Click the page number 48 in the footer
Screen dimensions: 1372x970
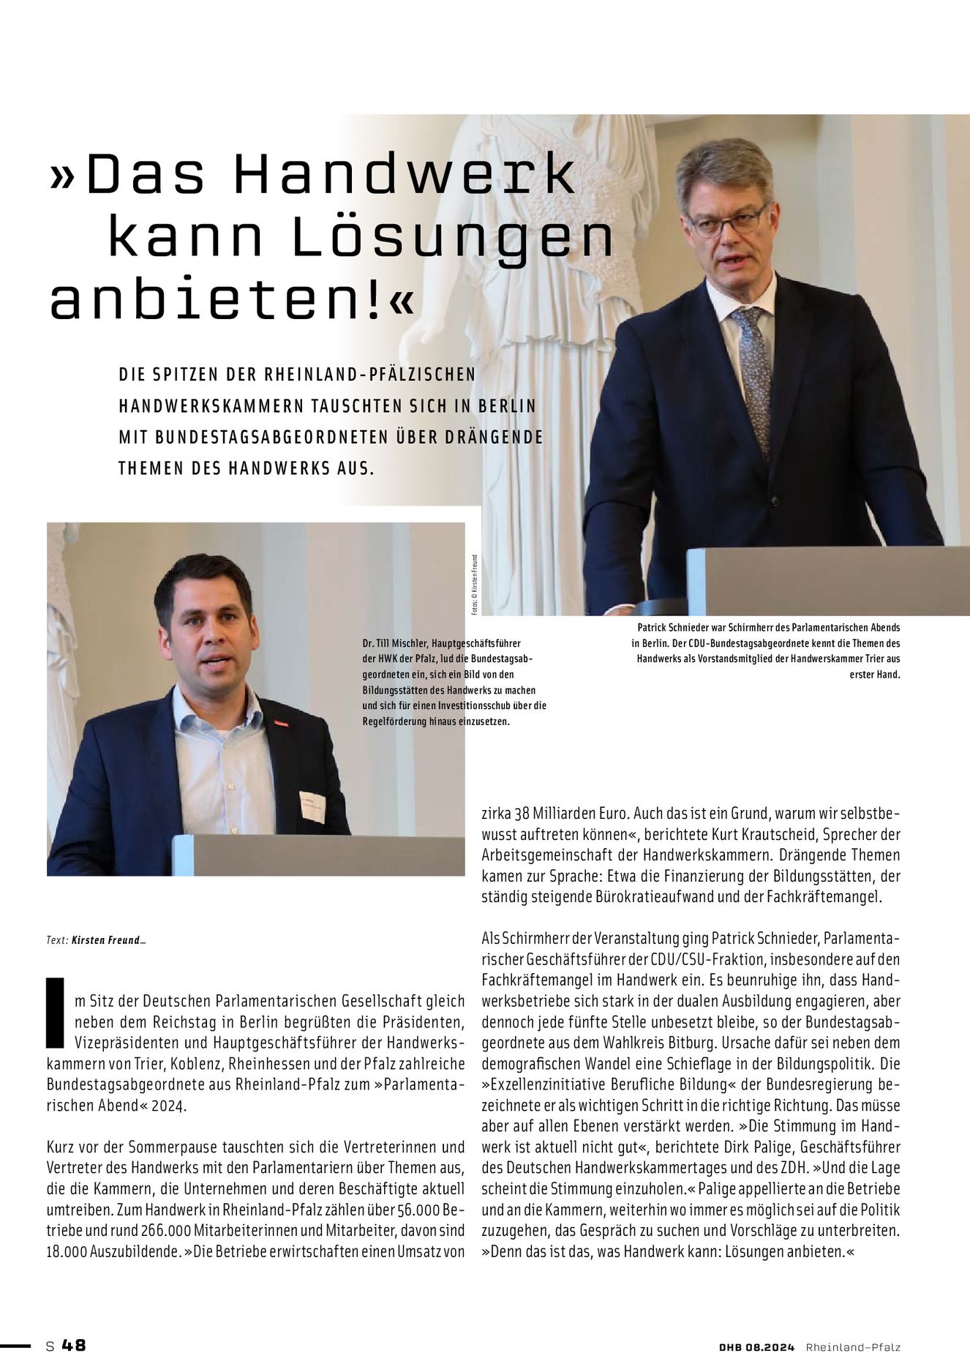pyautogui.click(x=74, y=1345)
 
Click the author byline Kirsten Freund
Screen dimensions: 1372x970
pyautogui.click(x=106, y=940)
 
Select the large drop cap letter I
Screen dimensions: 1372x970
pyautogui.click(x=55, y=1012)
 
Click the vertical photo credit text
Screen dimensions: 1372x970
pyautogui.click(x=474, y=584)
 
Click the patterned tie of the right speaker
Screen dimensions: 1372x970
pyautogui.click(x=754, y=374)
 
